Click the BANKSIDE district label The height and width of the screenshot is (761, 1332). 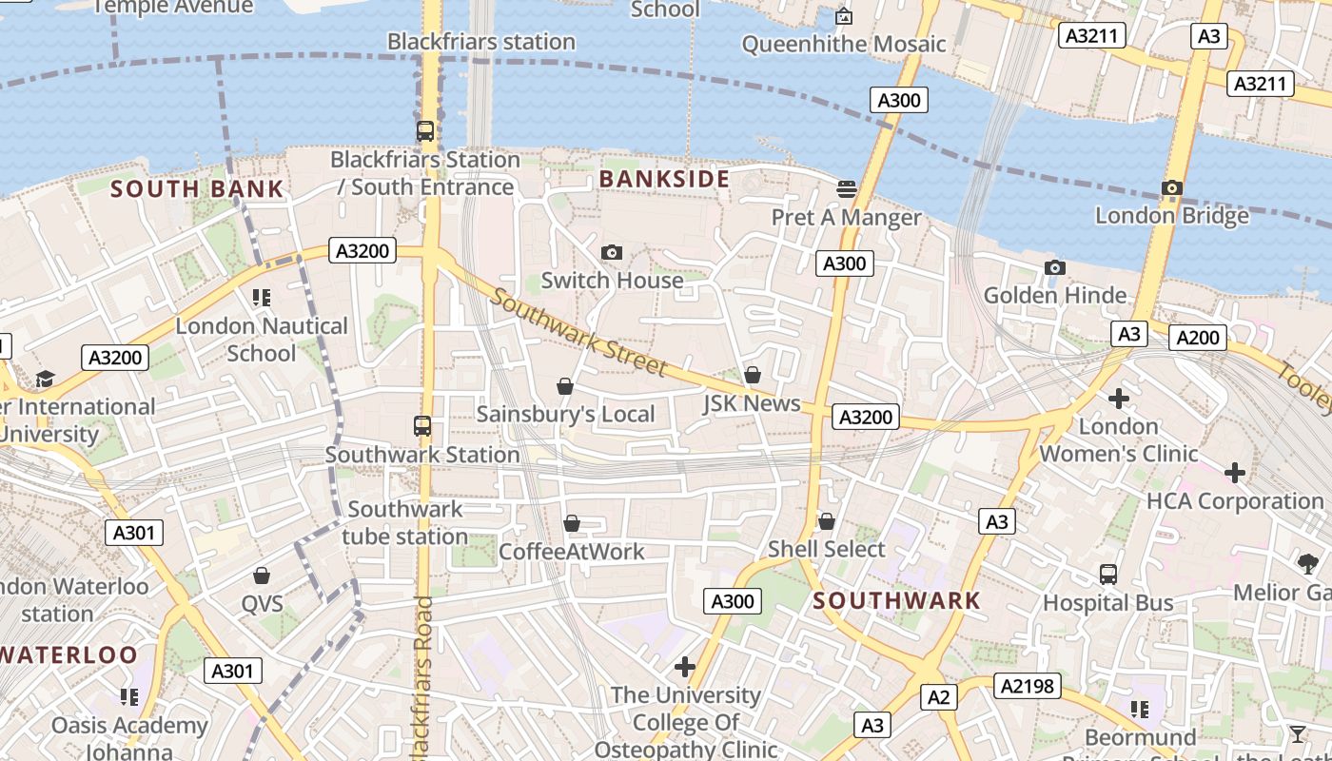pyautogui.click(x=664, y=179)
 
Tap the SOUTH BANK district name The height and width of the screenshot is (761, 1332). pyautogui.click(x=197, y=188)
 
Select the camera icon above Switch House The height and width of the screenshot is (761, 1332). pyautogui.click(x=612, y=252)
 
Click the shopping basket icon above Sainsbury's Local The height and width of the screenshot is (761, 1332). pyautogui.click(x=565, y=386)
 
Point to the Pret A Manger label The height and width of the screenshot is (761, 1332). pyautogui.click(x=846, y=217)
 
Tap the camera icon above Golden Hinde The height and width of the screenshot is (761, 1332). pyautogui.click(x=1054, y=267)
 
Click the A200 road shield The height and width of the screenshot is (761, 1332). pyautogui.click(x=1198, y=338)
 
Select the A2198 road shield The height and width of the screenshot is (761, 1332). pyautogui.click(x=1028, y=686)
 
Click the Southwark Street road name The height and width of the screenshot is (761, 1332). pyautogui.click(x=579, y=333)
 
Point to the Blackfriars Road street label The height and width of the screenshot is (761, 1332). pyautogui.click(x=423, y=677)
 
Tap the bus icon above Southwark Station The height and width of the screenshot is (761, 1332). pyautogui.click(x=422, y=426)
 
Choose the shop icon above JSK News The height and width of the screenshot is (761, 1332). pyautogui.click(x=753, y=375)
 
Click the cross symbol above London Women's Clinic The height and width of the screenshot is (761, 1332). pyautogui.click(x=1119, y=398)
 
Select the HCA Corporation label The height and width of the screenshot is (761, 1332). pyautogui.click(x=1235, y=501)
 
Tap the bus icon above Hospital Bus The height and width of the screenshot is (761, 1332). pyautogui.click(x=1108, y=574)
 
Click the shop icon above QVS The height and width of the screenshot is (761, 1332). pyautogui.click(x=262, y=576)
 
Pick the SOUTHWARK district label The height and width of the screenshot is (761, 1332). pyautogui.click(x=896, y=600)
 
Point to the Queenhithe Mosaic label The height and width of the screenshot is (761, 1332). pyautogui.click(x=844, y=44)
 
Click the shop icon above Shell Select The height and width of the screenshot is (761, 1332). pyautogui.click(x=827, y=521)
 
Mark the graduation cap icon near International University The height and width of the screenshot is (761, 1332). pyautogui.click(x=45, y=380)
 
